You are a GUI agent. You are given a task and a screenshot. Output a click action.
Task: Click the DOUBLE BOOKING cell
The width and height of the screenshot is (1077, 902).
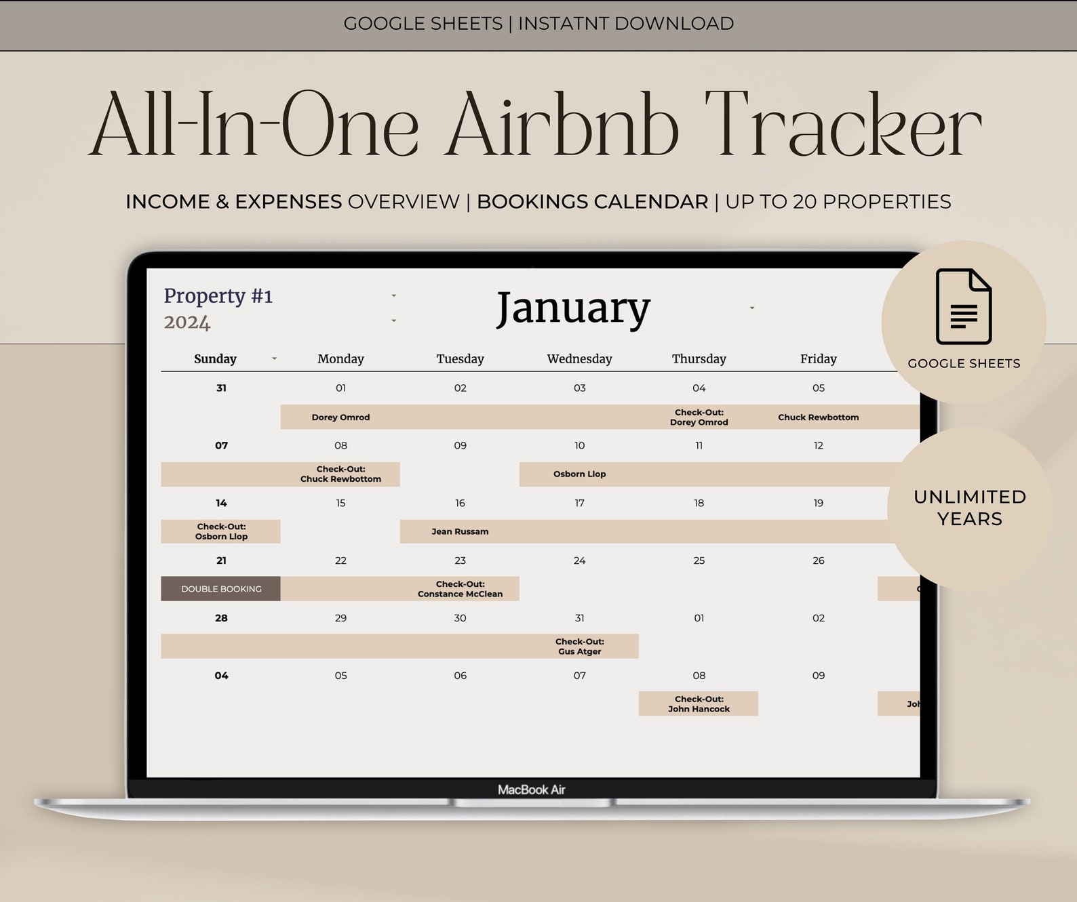pyautogui.click(x=221, y=589)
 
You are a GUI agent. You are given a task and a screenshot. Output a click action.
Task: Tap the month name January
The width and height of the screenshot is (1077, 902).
pyautogui.click(x=573, y=308)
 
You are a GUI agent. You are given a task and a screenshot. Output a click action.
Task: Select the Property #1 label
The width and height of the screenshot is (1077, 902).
pyautogui.click(x=218, y=296)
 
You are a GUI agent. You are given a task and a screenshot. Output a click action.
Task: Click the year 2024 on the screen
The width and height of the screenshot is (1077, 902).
pyautogui.click(x=187, y=322)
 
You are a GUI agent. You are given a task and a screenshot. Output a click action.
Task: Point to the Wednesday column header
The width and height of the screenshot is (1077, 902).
pyautogui.click(x=579, y=359)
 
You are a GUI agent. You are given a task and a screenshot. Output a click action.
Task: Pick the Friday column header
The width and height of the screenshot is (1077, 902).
pyautogui.click(x=818, y=359)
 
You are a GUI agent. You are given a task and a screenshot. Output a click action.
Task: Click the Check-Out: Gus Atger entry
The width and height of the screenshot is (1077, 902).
pyautogui.click(x=579, y=647)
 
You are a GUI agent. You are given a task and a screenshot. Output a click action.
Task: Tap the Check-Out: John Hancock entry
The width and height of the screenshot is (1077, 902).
pyautogui.click(x=699, y=704)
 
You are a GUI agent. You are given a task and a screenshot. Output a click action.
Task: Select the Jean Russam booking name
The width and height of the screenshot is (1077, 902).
pyautogui.click(x=460, y=531)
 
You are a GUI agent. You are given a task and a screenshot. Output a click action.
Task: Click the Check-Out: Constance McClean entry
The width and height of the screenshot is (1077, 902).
pyautogui.click(x=460, y=589)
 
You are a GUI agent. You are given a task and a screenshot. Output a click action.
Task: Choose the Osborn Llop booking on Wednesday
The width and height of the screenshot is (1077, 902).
pyautogui.click(x=579, y=474)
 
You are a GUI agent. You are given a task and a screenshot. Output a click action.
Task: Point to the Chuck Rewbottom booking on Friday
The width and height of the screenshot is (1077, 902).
pyautogui.click(x=818, y=417)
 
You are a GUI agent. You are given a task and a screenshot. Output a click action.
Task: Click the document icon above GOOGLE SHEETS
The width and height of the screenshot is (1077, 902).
pyautogui.click(x=963, y=307)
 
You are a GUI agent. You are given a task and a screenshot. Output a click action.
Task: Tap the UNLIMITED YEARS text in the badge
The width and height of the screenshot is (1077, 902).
pyautogui.click(x=970, y=508)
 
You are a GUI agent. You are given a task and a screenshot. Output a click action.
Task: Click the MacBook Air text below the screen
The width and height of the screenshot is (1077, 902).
pyautogui.click(x=531, y=790)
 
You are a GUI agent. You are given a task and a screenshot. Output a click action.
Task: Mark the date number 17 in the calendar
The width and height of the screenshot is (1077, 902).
pyautogui.click(x=579, y=503)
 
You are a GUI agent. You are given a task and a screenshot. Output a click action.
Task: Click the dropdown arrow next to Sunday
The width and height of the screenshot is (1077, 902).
pyautogui.click(x=274, y=358)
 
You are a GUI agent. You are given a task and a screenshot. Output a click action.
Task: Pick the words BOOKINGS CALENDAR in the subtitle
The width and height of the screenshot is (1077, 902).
pyautogui.click(x=592, y=202)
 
